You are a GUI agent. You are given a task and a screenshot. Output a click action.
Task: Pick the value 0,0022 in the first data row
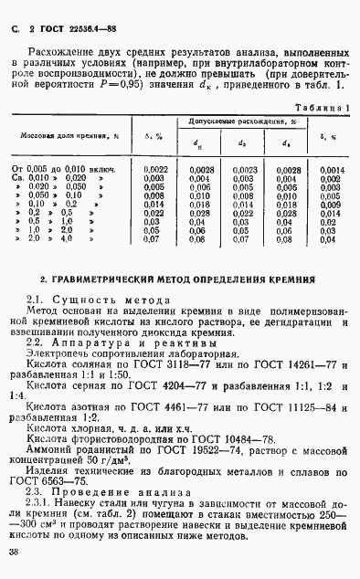(154, 170)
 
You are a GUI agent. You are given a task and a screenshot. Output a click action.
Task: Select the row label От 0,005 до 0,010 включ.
(62, 170)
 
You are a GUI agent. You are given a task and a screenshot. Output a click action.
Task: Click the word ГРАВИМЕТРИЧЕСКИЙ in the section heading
(104, 277)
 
